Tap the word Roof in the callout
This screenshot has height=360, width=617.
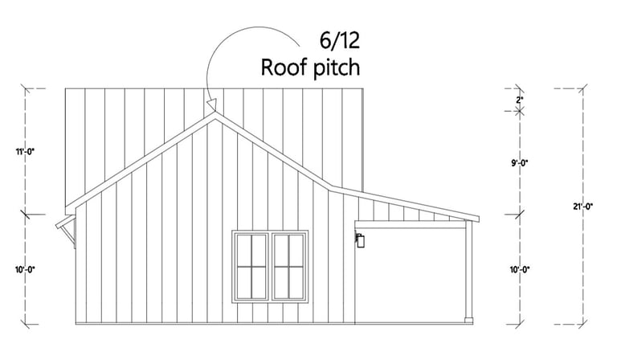click(280, 67)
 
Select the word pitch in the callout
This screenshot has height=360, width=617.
click(333, 68)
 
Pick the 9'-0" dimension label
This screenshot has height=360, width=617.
click(520, 163)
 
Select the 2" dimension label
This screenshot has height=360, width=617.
click(520, 100)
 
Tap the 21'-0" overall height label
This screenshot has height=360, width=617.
click(582, 207)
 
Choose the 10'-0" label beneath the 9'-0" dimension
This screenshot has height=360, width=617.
click(520, 269)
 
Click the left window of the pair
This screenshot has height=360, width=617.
click(251, 265)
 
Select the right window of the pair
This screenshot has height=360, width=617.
click(289, 265)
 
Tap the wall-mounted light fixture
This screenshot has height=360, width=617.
click(361, 240)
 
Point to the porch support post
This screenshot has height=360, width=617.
click(468, 273)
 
